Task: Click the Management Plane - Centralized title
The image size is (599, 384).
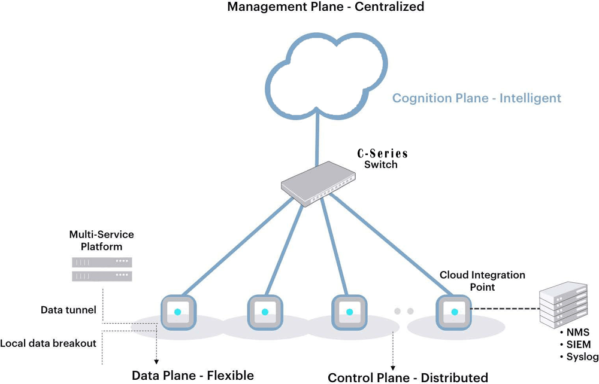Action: [325, 8]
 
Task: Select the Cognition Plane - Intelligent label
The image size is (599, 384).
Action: [477, 98]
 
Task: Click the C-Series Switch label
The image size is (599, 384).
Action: [381, 159]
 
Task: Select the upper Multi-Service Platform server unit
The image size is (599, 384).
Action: [102, 262]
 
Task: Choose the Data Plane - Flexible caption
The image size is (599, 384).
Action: [193, 376]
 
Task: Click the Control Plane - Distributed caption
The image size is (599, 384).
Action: [408, 377]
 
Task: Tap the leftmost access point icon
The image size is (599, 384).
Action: [177, 312]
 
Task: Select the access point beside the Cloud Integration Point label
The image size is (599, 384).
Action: [455, 312]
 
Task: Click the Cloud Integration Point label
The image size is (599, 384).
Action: [482, 280]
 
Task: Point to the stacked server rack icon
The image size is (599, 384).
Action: [565, 304]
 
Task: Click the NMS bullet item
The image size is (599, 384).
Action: [577, 332]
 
